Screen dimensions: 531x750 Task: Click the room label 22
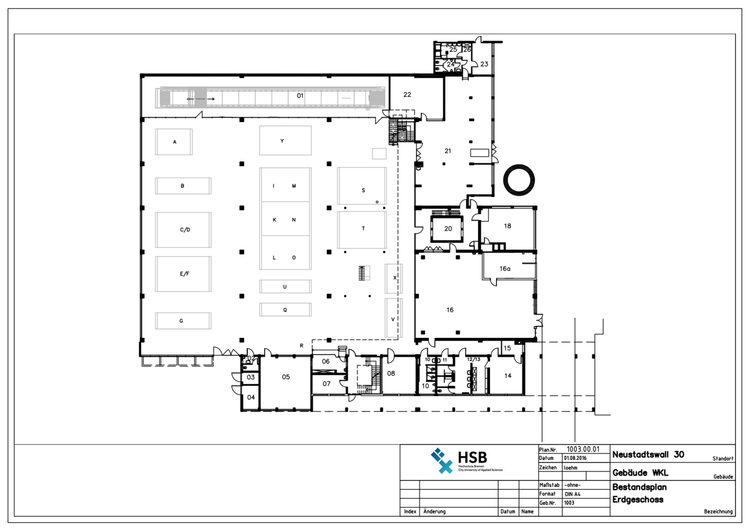407,95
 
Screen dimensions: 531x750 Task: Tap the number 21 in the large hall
448,151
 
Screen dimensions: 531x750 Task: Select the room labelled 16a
505,268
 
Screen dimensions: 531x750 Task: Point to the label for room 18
507,226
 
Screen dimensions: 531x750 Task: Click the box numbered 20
448,229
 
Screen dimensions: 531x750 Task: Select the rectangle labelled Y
285,140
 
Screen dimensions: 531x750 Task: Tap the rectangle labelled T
362,229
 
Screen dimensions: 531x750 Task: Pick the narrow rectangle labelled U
285,287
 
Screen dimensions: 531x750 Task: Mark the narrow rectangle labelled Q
285,310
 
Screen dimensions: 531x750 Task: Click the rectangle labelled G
183,321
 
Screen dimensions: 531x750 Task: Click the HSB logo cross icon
442,461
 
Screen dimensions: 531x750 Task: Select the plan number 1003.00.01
583,449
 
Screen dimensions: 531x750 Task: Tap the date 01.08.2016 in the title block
575,458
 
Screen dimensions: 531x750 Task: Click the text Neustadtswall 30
648,455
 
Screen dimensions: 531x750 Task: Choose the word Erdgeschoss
638,500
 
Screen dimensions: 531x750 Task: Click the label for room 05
286,377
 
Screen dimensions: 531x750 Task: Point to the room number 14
508,376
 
